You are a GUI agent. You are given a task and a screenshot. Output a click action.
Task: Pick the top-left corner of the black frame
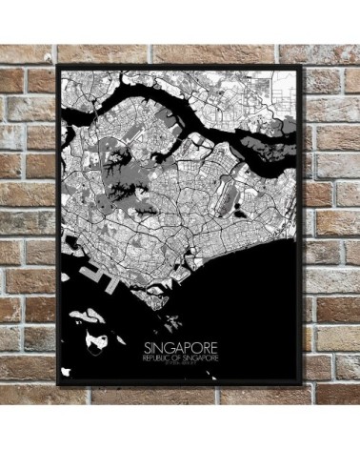59,66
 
